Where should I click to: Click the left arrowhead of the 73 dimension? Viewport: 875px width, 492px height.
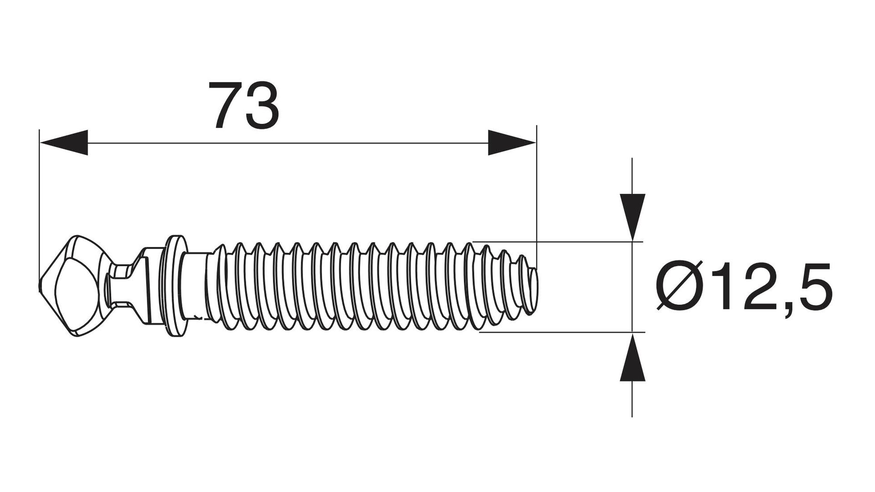click(x=63, y=143)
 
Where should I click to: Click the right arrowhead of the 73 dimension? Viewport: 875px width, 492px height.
click(x=512, y=143)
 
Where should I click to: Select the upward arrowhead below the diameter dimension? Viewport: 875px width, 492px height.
click(x=633, y=356)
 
